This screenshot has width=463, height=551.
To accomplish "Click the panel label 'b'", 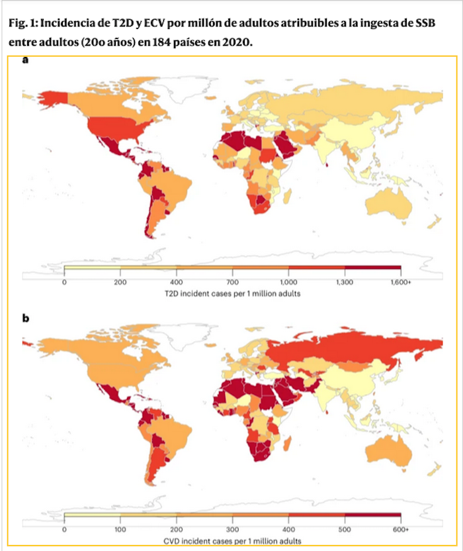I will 26,319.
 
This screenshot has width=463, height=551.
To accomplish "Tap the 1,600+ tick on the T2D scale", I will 401,281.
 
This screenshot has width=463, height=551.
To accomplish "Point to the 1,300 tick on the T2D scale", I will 345,281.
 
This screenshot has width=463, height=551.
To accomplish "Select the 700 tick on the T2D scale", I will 233,281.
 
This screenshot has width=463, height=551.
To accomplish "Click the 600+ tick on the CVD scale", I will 401,530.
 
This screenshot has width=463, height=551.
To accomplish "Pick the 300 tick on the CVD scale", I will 233,530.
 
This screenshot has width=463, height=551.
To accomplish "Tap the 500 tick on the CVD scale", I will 345,530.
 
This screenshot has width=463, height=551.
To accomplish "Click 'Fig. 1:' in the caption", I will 23,24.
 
